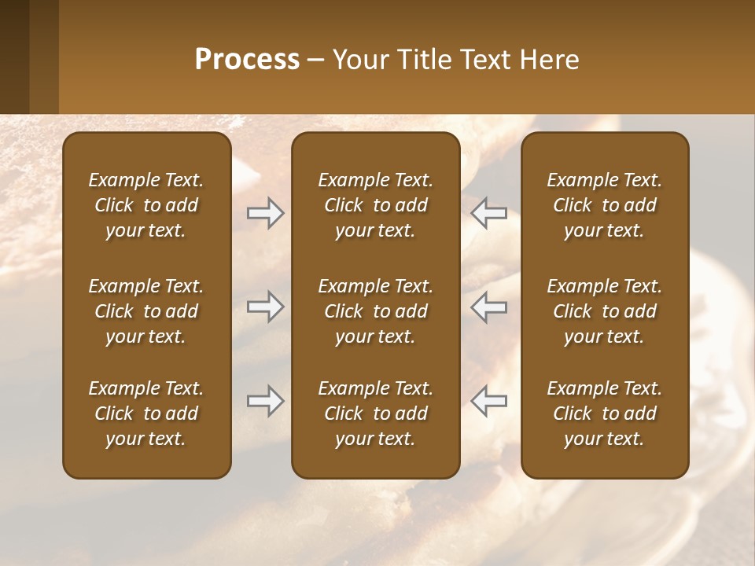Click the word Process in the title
tap(247, 60)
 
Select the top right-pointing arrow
tap(265, 213)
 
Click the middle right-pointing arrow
tap(265, 307)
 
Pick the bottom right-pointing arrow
tap(265, 401)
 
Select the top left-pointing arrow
tap(489, 213)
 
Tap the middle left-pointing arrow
tap(489, 307)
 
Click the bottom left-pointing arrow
tap(489, 401)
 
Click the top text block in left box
tap(146, 205)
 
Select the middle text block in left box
tap(146, 311)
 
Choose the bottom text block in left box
tap(146, 413)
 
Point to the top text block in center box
tap(375, 205)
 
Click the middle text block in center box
tap(375, 311)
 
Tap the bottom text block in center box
tap(375, 413)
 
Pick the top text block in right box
tap(604, 205)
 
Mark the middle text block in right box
tap(604, 311)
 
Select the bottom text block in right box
tap(604, 413)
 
